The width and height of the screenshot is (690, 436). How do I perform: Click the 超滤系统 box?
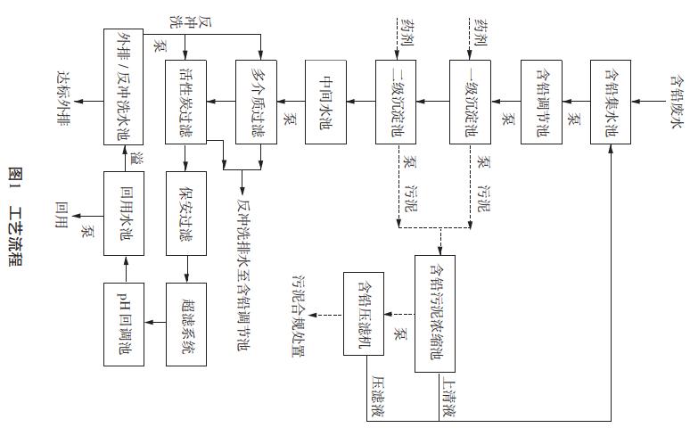[x=186, y=321]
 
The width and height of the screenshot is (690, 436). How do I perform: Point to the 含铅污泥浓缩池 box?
[x=436, y=312]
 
